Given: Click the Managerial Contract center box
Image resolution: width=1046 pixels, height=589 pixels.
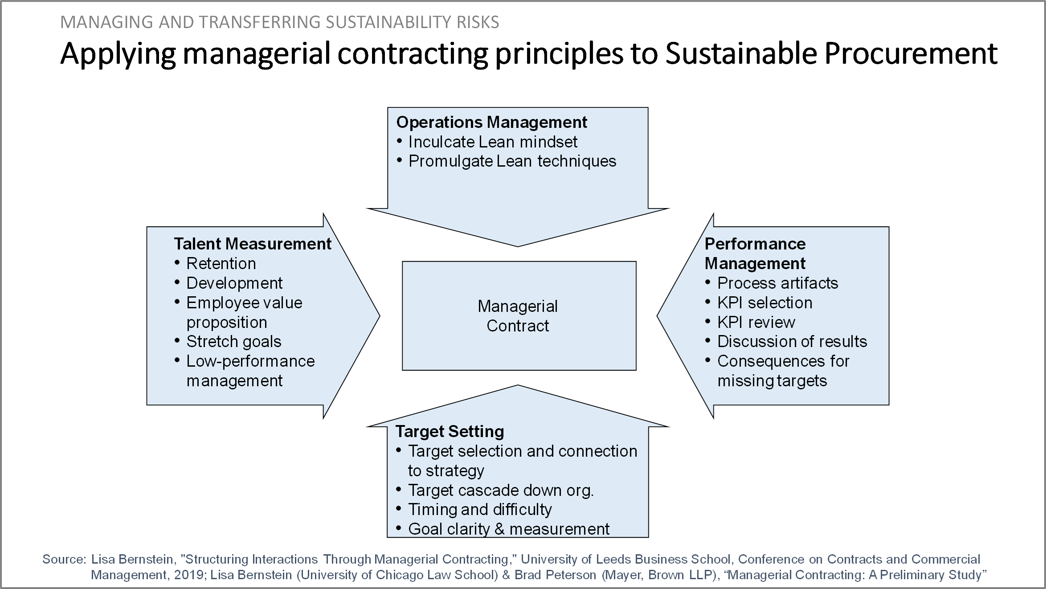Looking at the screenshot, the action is [519, 315].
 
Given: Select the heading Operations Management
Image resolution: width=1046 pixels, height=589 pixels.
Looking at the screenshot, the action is [492, 122].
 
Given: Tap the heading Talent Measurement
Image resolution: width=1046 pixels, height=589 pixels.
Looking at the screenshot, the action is [253, 244].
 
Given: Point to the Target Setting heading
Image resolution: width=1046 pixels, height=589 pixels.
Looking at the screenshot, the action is [450, 431].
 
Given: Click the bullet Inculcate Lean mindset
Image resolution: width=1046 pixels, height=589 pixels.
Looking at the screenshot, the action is [493, 142].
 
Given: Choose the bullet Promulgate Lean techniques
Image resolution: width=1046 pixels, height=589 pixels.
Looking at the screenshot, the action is [512, 161].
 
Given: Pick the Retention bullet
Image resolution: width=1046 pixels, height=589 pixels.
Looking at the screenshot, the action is [221, 263].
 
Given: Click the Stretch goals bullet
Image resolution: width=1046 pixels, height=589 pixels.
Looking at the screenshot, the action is [234, 342].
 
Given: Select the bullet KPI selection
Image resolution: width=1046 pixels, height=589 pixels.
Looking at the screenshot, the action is [765, 303].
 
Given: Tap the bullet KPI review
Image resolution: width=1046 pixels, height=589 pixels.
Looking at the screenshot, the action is [756, 322].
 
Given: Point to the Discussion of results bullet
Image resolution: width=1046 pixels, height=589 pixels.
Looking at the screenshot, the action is [792, 342].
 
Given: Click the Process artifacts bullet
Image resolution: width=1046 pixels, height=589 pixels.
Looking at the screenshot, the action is [778, 283].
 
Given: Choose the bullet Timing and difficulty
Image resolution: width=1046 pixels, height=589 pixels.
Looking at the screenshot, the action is [480, 509].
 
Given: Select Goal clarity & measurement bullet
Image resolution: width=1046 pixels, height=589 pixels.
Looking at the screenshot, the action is [509, 529].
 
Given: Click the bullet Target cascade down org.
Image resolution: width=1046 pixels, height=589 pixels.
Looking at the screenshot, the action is [501, 490].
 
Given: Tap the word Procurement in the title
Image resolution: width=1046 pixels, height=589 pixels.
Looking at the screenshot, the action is [911, 53].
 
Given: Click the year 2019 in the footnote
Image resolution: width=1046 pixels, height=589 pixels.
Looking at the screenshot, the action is [189, 575].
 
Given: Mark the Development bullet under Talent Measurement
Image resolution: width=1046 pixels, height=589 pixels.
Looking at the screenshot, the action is [234, 283].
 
